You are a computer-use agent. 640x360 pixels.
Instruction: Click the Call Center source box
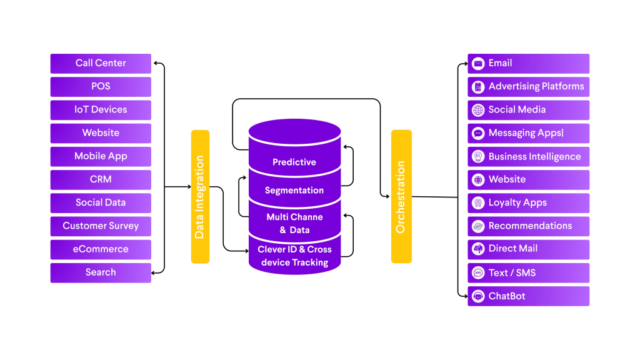101,63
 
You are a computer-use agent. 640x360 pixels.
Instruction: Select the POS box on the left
101,86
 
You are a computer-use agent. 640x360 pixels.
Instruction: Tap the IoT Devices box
101,109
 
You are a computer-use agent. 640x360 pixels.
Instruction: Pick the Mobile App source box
101,156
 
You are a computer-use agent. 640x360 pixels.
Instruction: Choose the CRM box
101,179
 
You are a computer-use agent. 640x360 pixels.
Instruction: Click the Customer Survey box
101,226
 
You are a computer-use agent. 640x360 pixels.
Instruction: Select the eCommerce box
101,249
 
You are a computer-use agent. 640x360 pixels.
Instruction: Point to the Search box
101,272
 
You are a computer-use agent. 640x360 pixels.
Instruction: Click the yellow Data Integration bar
200,196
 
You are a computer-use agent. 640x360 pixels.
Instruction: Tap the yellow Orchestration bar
401,196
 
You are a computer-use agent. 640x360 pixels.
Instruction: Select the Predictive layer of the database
294,162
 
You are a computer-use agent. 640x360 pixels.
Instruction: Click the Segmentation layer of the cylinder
294,190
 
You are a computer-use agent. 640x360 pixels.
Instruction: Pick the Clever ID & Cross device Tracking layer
294,256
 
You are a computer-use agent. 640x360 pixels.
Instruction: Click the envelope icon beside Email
478,63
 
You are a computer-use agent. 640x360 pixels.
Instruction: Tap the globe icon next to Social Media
478,110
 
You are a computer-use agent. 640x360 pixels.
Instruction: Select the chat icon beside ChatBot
478,296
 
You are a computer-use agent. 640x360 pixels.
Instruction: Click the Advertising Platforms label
536,86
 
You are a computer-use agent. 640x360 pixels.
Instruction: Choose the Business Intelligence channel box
528,156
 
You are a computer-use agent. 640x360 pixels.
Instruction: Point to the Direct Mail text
512,249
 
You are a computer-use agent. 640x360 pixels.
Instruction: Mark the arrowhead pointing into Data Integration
188,187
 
